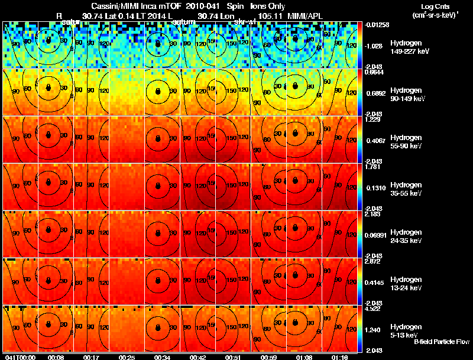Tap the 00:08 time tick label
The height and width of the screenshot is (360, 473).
click(57, 357)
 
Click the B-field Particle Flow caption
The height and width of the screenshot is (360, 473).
click(441, 342)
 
